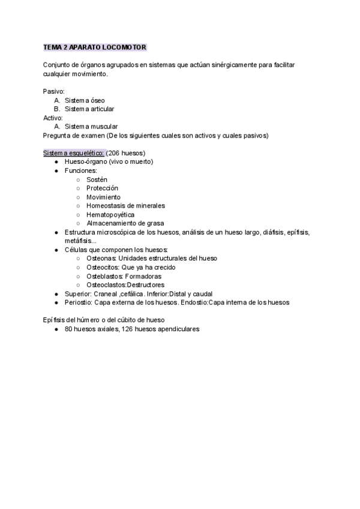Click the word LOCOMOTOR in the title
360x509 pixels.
[x=125, y=47]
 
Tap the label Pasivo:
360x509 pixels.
[x=54, y=91]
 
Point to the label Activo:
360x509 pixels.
[x=53, y=118]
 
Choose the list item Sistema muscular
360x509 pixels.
[x=91, y=127]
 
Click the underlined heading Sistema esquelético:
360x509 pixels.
[x=74, y=153]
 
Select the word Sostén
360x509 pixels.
[x=97, y=179]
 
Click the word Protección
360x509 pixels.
[x=102, y=188]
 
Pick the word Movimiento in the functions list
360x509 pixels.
[x=103, y=197]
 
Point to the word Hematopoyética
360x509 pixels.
[x=110, y=214]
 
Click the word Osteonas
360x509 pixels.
[x=100, y=258]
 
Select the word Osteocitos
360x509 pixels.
[x=101, y=267]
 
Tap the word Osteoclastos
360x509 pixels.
[x=106, y=285]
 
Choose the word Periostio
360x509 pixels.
[x=78, y=303]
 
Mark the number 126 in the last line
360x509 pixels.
[x=127, y=329]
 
